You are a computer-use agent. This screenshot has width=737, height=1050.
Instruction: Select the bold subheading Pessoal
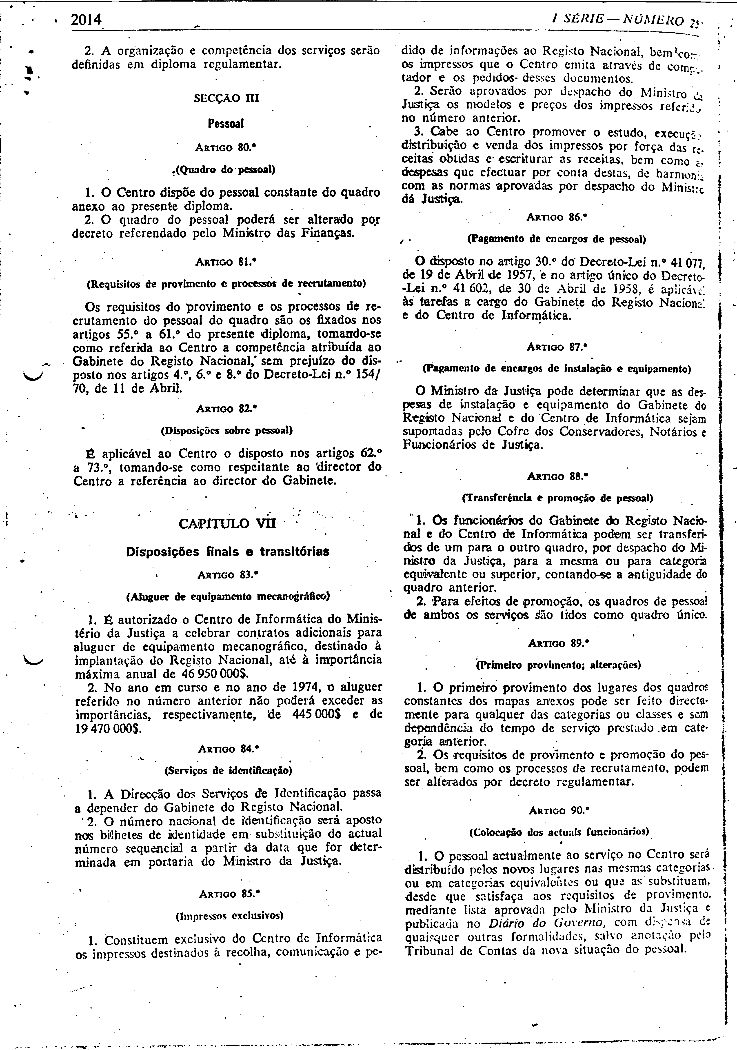pyautogui.click(x=226, y=123)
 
